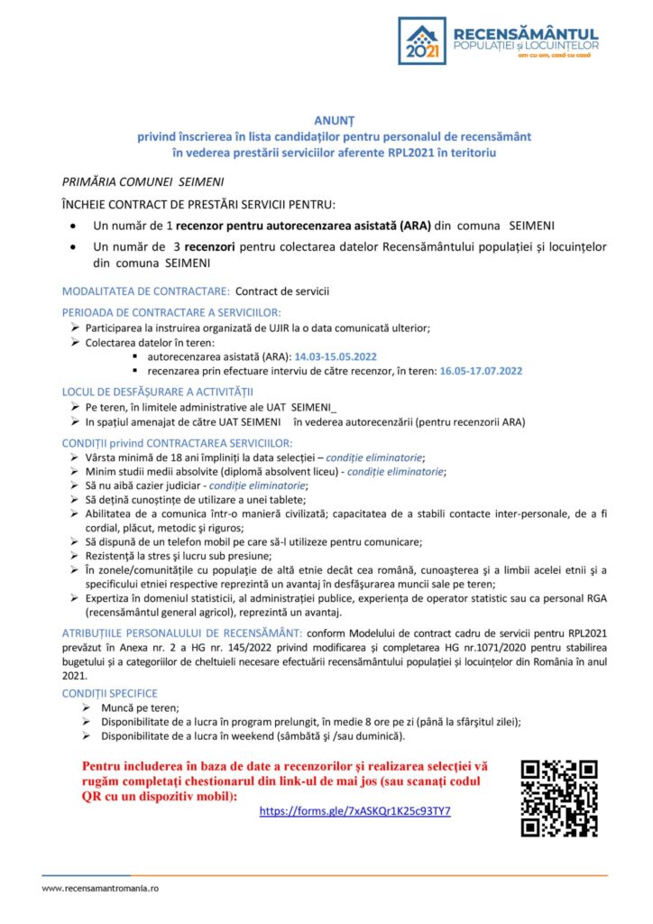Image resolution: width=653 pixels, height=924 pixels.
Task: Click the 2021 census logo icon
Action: (x=422, y=41)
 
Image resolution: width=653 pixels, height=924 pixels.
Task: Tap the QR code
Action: (x=559, y=799)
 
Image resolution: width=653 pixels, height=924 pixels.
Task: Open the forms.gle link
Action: (x=354, y=811)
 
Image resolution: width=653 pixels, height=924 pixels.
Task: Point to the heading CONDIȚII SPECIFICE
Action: (x=109, y=693)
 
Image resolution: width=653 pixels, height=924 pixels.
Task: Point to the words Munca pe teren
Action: (x=133, y=707)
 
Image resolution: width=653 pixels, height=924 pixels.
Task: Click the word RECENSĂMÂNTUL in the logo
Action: (x=526, y=32)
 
